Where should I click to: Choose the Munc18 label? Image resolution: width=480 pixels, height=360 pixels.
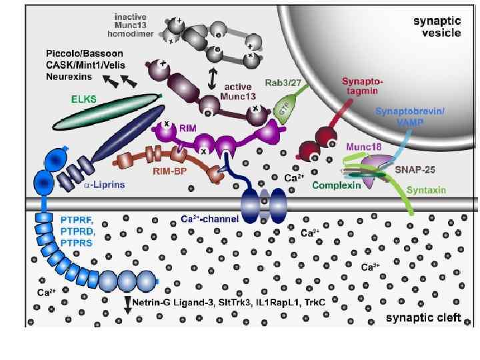[x=361, y=144]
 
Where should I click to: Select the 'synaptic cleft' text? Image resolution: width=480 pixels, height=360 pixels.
[x=423, y=317]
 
